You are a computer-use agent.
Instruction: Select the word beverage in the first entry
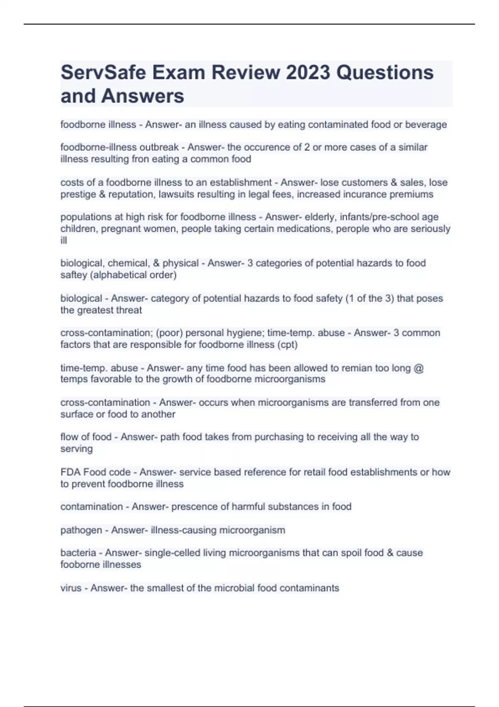coord(426,125)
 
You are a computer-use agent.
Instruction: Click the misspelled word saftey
coord(72,275)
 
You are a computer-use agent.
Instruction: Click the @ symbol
coord(419,368)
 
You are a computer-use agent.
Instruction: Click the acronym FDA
coord(70,472)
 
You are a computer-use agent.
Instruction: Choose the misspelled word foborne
coord(77,565)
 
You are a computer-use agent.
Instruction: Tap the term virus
coord(71,588)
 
